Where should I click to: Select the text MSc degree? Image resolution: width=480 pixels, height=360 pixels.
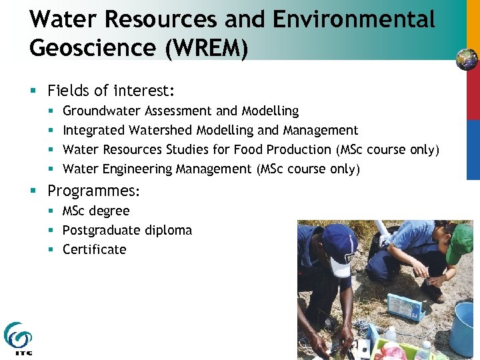(x=96, y=211)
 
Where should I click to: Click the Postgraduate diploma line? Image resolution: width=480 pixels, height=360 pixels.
(x=127, y=230)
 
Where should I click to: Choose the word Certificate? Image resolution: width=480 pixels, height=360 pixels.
(x=94, y=249)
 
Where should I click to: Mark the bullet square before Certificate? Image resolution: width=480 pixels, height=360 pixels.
(x=51, y=249)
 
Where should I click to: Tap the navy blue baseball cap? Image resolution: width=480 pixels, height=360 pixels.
(x=339, y=243)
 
